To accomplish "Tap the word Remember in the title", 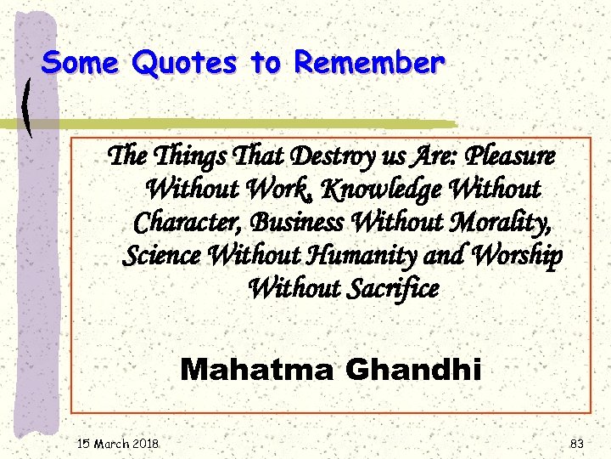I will tap(368, 62).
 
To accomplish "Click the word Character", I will tap(181, 222).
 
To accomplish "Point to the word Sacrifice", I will tap(390, 288).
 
